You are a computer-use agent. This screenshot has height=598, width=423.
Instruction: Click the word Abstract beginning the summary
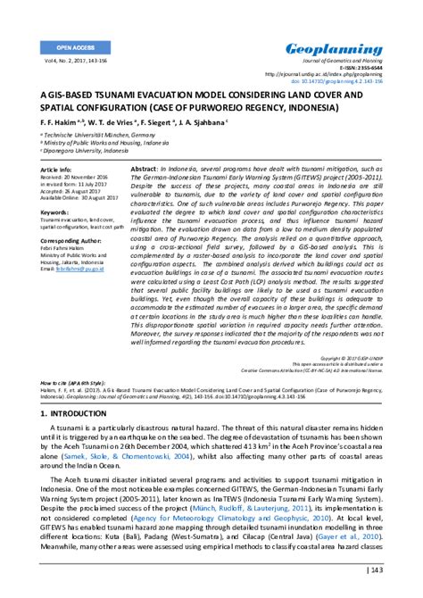[145, 168]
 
